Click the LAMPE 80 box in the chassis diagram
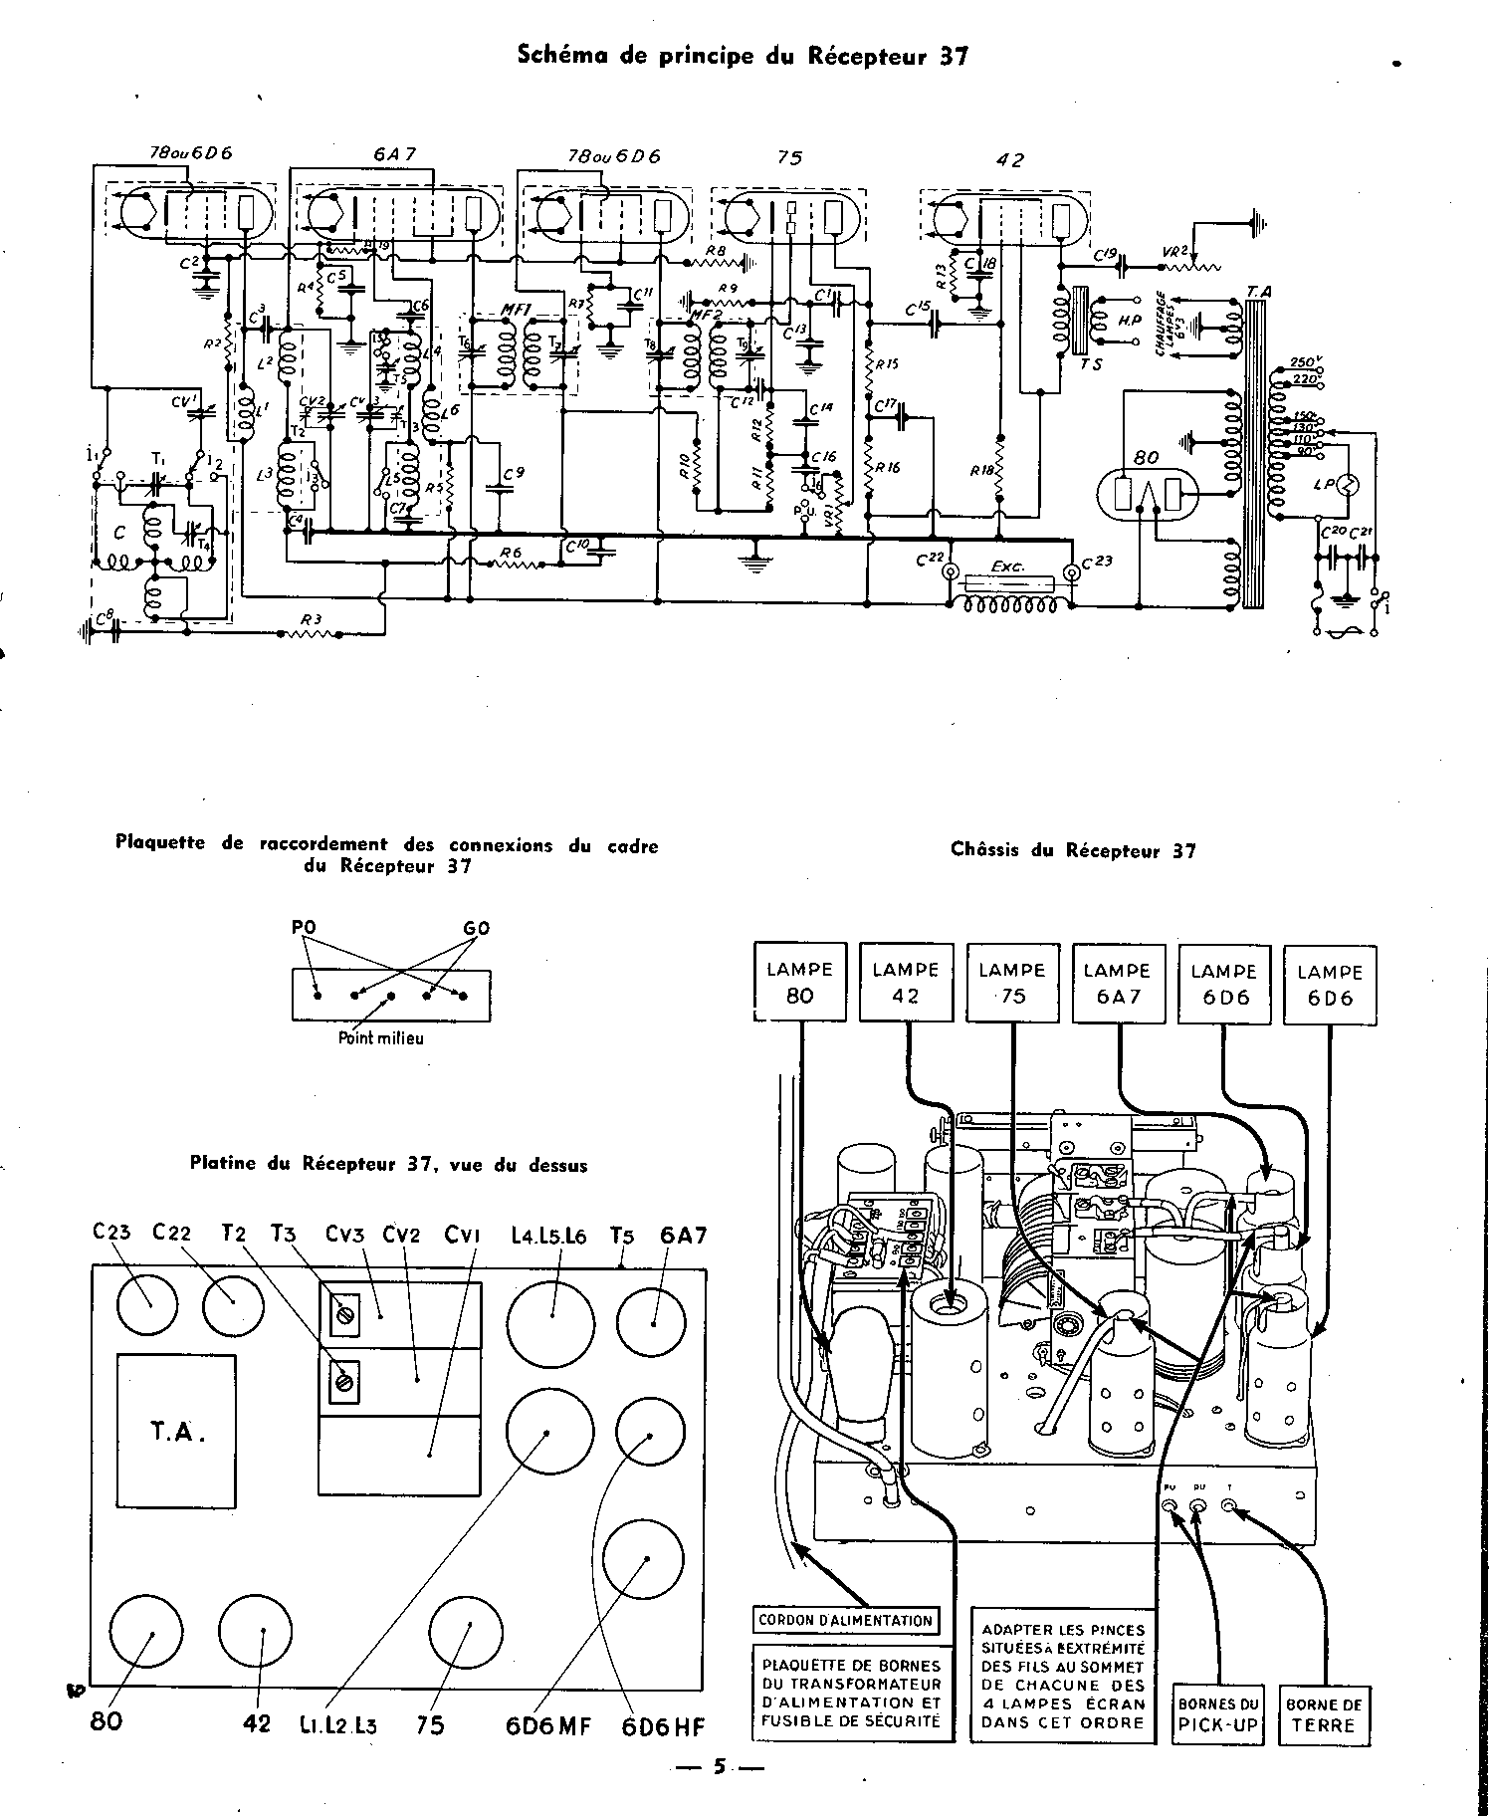point(800,983)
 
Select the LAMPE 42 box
point(906,983)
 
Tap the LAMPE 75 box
point(1012,983)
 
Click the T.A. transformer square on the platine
point(176,1434)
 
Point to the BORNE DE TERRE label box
point(1325,1715)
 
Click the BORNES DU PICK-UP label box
point(1219,1715)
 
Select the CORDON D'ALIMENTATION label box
point(846,1621)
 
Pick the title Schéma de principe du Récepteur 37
point(743,57)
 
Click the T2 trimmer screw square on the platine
point(344,1382)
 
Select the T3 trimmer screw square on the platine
point(344,1310)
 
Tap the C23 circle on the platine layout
point(147,1305)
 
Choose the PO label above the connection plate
point(304,928)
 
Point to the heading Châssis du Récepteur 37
point(1073,850)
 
